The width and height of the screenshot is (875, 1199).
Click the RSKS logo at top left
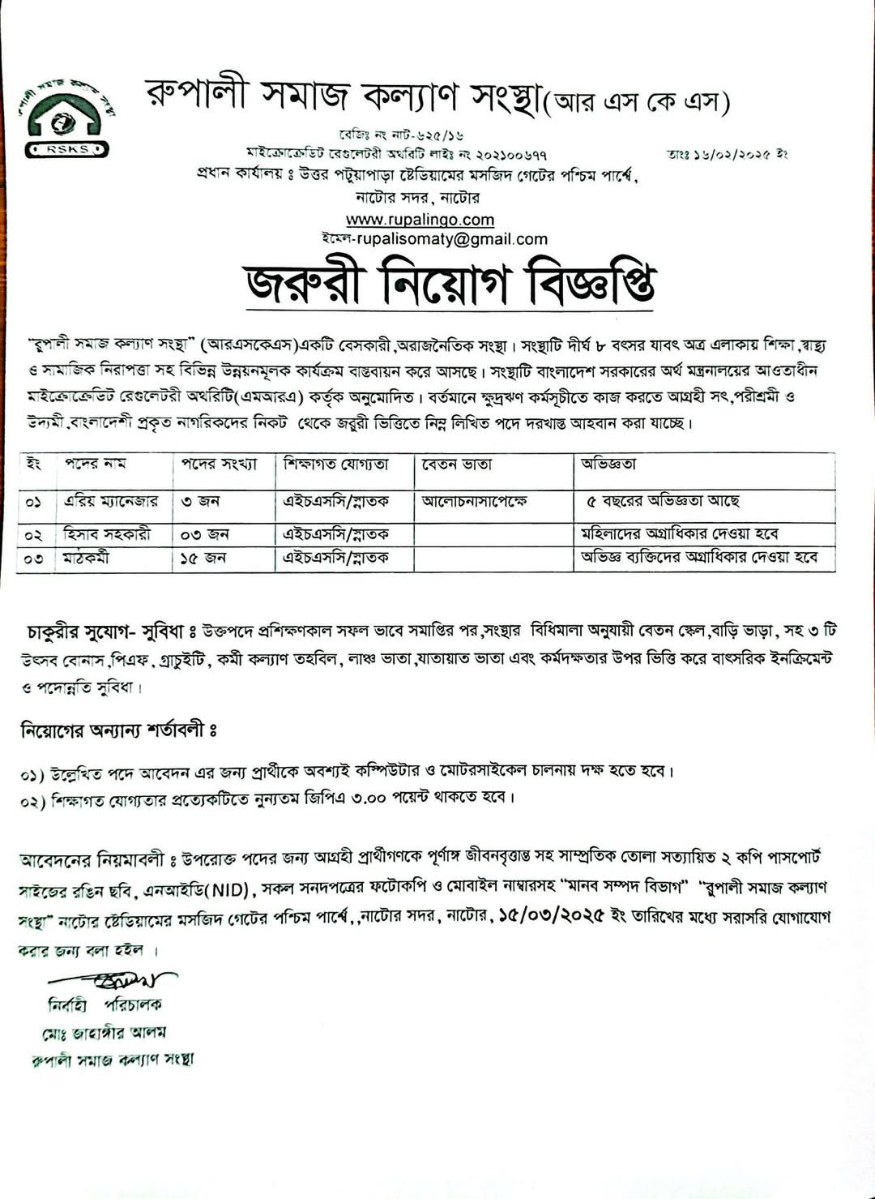(x=68, y=118)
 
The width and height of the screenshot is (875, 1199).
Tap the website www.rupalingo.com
(x=420, y=220)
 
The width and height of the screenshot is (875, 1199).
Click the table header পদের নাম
(x=96, y=464)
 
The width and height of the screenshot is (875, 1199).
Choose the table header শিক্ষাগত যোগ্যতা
(x=335, y=465)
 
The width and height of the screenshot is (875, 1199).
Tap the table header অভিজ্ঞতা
(x=608, y=465)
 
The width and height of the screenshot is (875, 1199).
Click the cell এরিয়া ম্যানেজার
(x=111, y=502)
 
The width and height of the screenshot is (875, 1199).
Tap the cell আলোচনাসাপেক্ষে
(x=474, y=502)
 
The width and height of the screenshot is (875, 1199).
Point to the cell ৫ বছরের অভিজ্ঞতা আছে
(x=663, y=502)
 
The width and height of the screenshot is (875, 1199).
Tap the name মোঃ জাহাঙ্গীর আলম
(x=105, y=1033)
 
